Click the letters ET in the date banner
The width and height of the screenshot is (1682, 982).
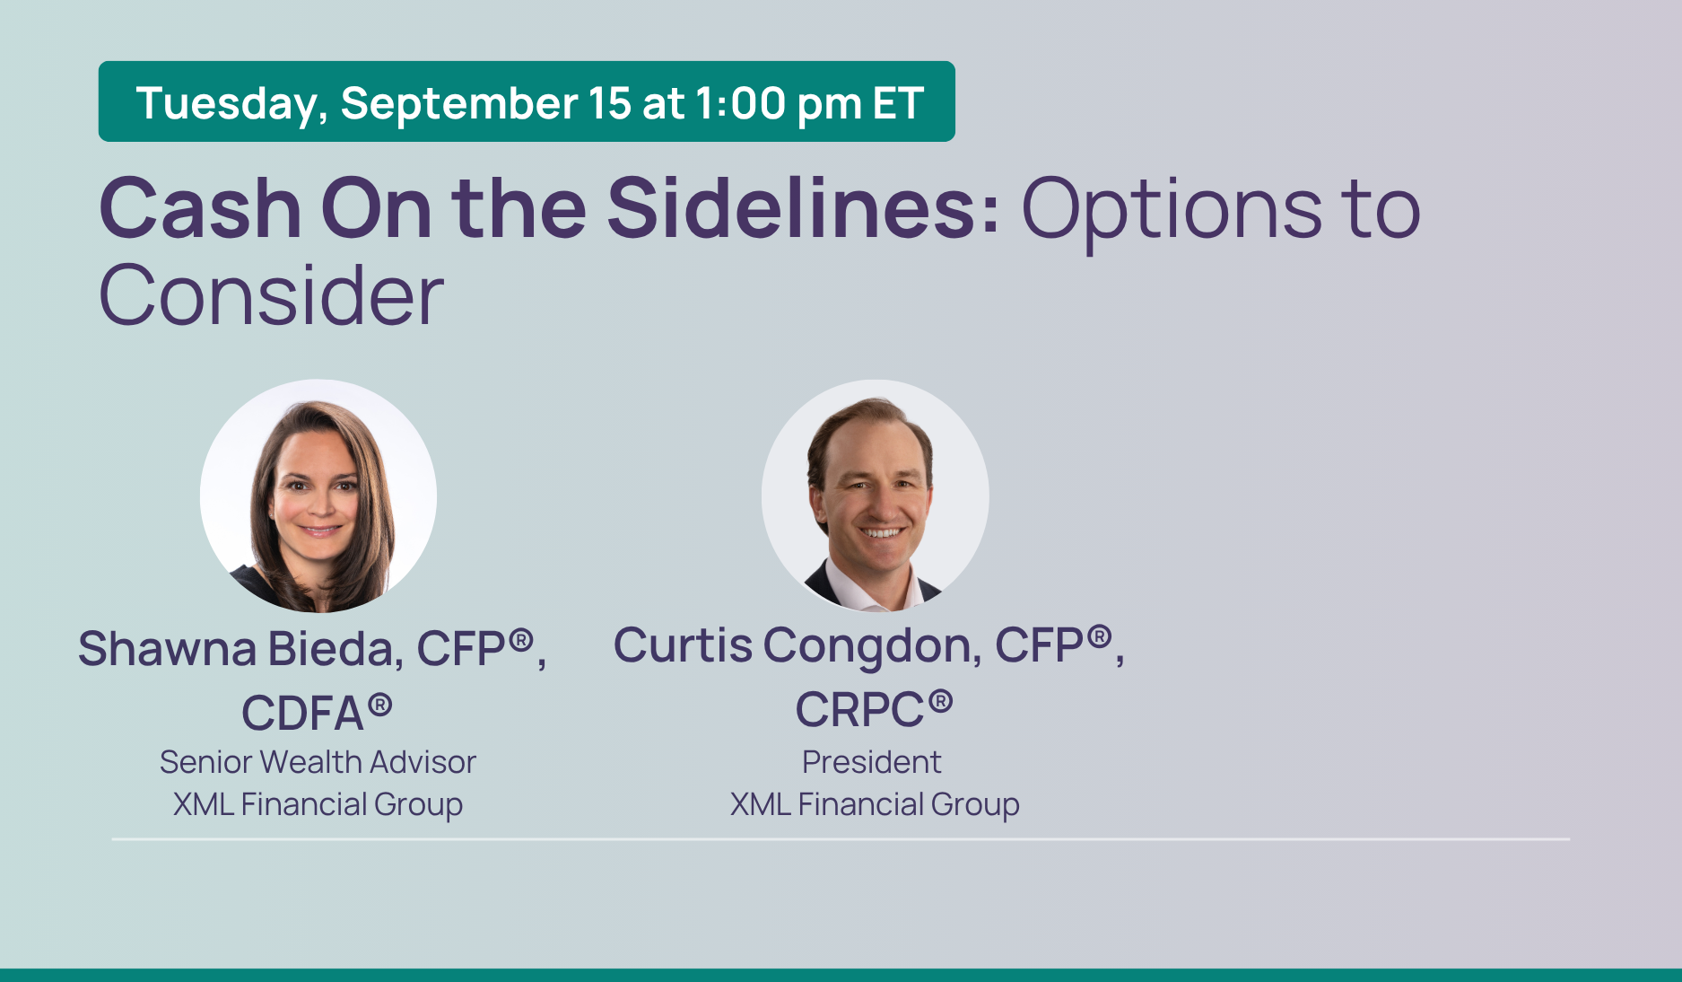(897, 102)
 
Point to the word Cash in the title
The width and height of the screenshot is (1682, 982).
(200, 208)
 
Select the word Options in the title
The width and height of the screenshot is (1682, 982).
(1172, 212)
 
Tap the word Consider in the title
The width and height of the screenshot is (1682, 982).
(271, 295)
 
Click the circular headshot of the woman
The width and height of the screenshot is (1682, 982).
(318, 495)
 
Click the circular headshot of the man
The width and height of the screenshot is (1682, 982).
(876, 495)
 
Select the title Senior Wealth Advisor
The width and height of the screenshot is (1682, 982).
(318, 762)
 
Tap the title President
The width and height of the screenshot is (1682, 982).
(871, 762)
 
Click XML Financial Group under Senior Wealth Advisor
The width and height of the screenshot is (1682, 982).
(318, 804)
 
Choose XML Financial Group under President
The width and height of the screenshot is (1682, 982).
(875, 804)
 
